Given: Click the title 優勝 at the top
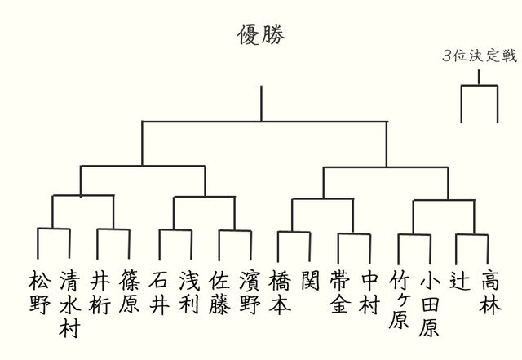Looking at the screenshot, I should point(261,35).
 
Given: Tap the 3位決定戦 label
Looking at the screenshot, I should point(479,56).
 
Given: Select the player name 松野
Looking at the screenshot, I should point(38,291).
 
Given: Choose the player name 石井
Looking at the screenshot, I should point(159,291).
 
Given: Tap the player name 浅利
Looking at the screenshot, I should point(189,291).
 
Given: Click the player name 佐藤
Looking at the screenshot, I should point(219,291).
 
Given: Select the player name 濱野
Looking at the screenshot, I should point(250,291).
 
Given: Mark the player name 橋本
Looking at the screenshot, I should point(280,291).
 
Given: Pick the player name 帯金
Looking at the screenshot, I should point(339,291).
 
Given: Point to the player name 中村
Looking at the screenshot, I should point(369,291).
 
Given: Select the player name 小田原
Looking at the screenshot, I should point(429,302).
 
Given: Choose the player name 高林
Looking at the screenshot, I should point(489,291).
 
